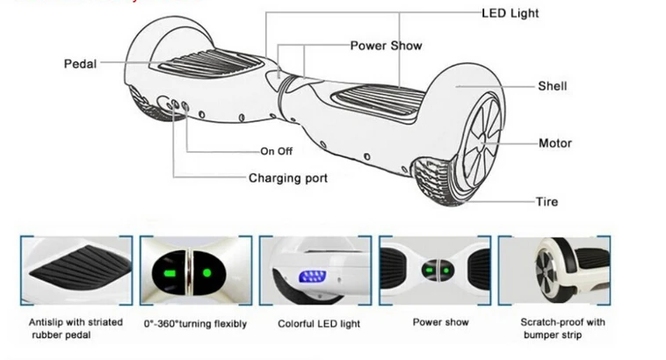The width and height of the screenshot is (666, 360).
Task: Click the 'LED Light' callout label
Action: tap(510, 13)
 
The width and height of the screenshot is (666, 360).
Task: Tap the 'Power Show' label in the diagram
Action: tap(386, 46)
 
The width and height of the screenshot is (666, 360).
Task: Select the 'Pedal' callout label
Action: tap(80, 64)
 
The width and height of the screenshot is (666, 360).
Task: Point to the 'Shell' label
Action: tap(552, 86)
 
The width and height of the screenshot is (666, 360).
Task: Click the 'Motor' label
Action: tap(555, 143)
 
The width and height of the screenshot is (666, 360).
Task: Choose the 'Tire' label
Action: tap(547, 201)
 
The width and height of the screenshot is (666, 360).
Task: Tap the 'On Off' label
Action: tap(277, 151)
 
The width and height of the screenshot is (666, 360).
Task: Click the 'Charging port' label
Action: tap(288, 178)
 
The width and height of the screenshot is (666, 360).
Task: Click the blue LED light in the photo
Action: tap(313, 277)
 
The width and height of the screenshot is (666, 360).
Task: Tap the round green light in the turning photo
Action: tap(206, 272)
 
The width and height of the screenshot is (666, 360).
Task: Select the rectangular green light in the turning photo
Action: tap(170, 273)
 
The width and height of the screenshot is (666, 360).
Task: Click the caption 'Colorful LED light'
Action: tap(319, 324)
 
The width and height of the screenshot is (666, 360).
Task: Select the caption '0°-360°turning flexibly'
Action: tap(195, 324)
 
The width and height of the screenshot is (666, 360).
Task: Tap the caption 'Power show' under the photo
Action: tap(440, 322)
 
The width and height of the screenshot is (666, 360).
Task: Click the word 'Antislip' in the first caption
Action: tap(45, 322)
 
